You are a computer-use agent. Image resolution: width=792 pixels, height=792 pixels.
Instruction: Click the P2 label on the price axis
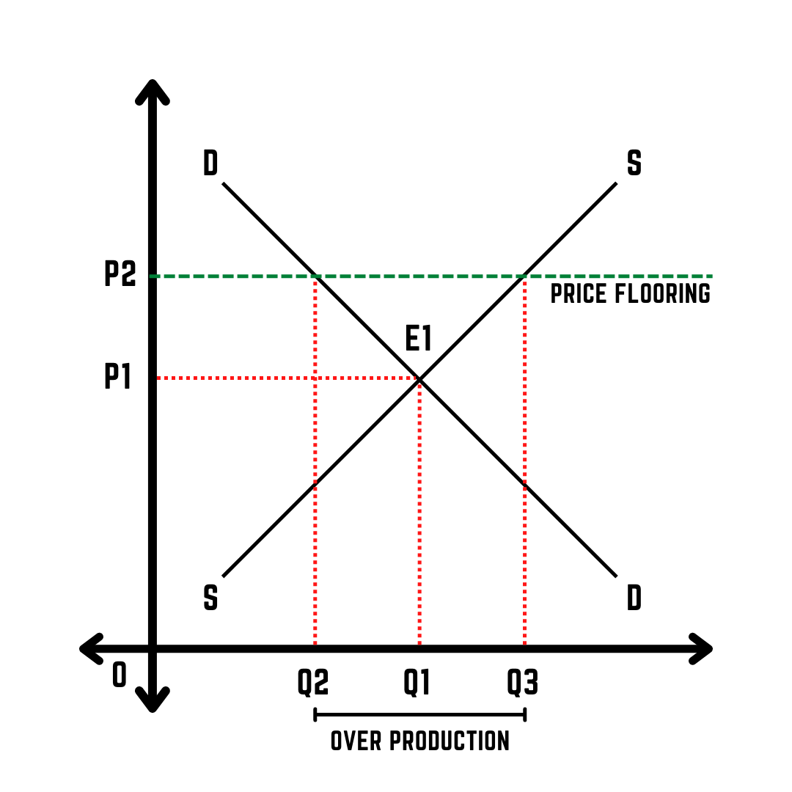tap(120, 274)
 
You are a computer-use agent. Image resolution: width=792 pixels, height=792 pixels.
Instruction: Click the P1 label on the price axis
tap(117, 377)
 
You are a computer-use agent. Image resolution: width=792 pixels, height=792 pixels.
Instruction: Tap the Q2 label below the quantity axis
tap(313, 683)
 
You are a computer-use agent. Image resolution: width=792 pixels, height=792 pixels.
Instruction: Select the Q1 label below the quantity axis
tap(417, 683)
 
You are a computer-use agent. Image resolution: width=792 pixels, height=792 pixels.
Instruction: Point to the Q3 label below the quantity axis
tap(523, 683)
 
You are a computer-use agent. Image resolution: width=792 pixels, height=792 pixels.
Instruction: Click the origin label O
tap(119, 675)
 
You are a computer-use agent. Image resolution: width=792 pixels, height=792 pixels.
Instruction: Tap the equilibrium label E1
tap(419, 339)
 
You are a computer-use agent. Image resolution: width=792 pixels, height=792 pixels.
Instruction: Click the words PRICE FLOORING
tap(630, 293)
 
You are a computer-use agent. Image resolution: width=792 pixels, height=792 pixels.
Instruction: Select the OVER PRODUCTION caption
tap(419, 741)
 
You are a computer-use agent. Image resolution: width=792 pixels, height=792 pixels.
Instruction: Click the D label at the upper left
tap(210, 164)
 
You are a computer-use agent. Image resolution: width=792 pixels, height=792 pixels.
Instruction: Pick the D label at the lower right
tap(634, 598)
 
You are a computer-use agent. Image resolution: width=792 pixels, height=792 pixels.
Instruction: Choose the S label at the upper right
tap(634, 164)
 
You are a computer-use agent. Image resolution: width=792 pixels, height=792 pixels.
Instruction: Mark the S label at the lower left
tap(210, 598)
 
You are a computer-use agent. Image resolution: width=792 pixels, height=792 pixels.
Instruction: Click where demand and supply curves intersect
tap(419, 379)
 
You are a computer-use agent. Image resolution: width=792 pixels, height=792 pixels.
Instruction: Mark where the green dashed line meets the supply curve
tap(524, 276)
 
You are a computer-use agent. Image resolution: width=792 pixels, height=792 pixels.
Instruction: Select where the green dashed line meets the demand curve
tap(315, 276)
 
